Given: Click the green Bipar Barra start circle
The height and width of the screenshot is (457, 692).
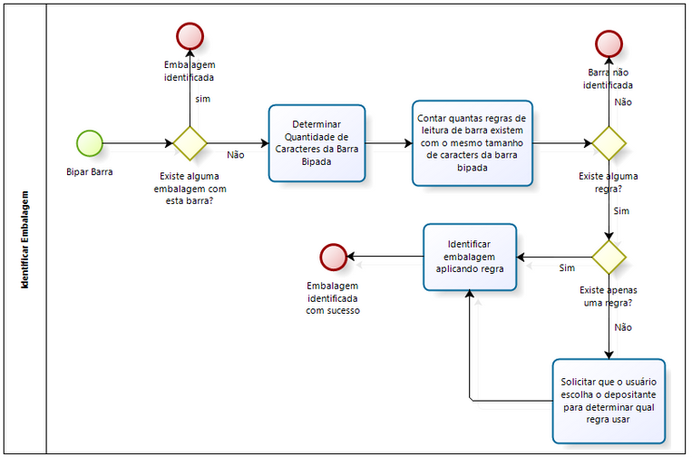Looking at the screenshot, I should [90, 143].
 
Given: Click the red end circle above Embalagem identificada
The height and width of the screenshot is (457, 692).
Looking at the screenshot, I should [190, 35].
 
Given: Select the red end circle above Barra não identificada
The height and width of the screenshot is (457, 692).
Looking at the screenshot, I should [609, 44].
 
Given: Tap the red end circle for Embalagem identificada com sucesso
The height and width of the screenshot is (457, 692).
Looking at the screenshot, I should [334, 257].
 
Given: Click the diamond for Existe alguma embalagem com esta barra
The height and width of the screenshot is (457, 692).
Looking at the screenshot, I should [190, 143].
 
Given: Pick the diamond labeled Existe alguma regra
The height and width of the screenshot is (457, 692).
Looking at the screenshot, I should [609, 143].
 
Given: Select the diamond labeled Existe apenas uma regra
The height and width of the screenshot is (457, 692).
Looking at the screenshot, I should [609, 257].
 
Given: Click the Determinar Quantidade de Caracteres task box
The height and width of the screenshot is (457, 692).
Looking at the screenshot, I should [317, 142].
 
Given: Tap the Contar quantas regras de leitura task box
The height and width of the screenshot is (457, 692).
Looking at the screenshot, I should [471, 142].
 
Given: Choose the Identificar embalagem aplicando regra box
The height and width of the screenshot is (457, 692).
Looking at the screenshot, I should [470, 257].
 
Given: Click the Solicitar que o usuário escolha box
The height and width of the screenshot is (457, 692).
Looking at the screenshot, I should [609, 400].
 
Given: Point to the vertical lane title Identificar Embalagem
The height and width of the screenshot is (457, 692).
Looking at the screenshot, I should [24, 239].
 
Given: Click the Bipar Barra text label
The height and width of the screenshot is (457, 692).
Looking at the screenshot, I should [90, 171].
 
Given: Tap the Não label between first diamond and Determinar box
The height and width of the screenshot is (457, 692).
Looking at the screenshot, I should [236, 155].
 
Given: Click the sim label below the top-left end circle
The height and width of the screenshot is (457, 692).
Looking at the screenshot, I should [202, 98].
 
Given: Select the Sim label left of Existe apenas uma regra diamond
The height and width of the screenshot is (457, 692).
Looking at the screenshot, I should [567, 268].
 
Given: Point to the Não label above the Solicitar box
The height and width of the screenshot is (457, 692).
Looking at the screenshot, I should [623, 326].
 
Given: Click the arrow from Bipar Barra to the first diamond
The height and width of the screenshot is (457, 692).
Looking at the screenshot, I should [136, 143].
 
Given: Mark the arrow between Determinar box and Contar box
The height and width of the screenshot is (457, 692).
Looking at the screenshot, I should [388, 143].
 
